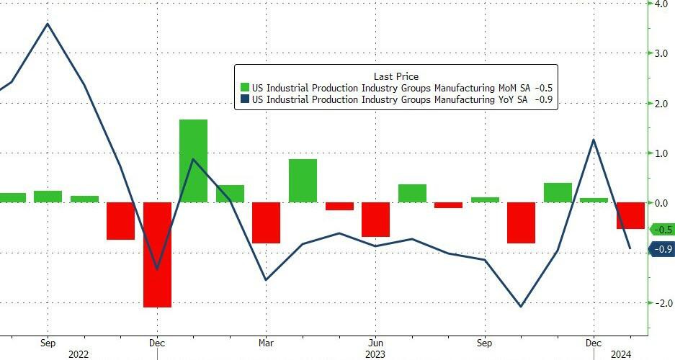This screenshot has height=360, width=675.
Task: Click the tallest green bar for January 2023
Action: (x=193, y=161)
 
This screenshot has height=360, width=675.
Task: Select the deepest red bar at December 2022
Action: (x=157, y=254)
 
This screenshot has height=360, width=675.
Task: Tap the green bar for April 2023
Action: (x=303, y=180)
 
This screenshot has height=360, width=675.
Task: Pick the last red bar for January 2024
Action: (x=630, y=215)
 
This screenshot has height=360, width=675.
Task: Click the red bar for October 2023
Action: (x=521, y=222)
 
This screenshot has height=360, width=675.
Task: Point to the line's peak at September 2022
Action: (x=48, y=24)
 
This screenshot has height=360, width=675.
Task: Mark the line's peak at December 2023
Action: (x=593, y=140)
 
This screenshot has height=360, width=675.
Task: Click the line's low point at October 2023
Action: (x=521, y=307)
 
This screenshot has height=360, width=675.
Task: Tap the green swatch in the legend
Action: (x=243, y=88)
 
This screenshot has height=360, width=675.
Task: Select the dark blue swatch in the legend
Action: (x=243, y=100)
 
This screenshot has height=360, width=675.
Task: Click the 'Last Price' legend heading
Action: (x=395, y=76)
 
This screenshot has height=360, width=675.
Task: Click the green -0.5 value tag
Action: (x=661, y=230)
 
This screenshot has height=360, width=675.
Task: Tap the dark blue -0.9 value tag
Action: (x=661, y=249)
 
